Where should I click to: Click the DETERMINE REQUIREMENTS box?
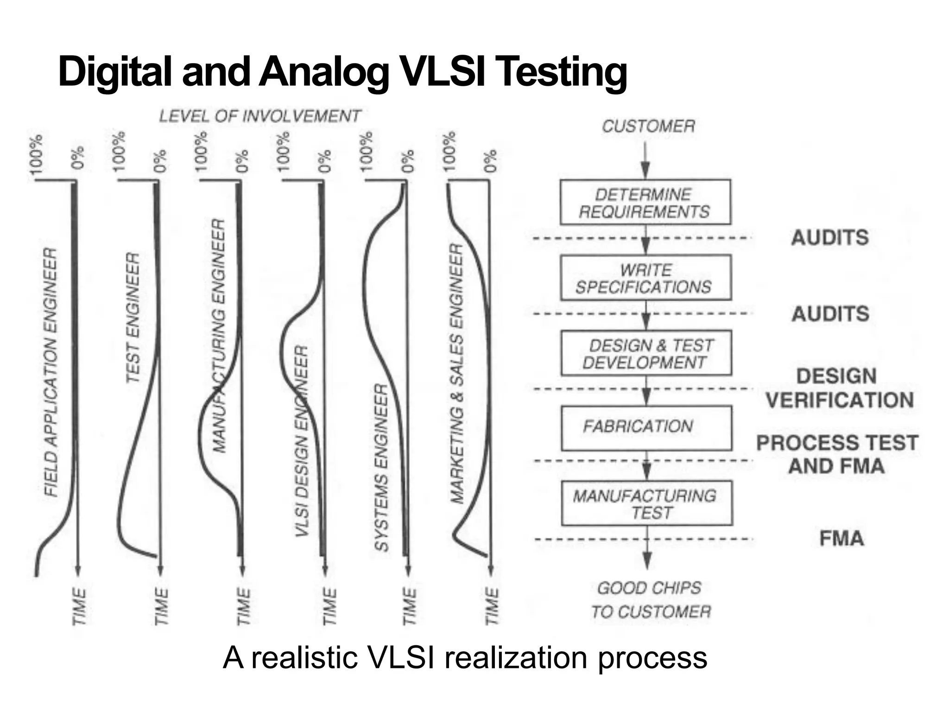645,203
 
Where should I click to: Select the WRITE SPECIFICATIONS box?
645,278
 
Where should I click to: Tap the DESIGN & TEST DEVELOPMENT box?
646,353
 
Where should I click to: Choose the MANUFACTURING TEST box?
646,503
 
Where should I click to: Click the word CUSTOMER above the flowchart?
648,126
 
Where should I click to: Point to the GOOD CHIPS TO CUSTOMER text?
650,600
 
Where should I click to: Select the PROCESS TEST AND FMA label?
837,454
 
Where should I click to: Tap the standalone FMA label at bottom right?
841,539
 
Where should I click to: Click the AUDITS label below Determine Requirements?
829,238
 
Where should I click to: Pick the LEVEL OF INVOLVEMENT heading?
259,116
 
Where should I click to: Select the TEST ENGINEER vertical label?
133,318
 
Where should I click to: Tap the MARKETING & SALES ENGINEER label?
457,374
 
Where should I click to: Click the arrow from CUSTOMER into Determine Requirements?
645,160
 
